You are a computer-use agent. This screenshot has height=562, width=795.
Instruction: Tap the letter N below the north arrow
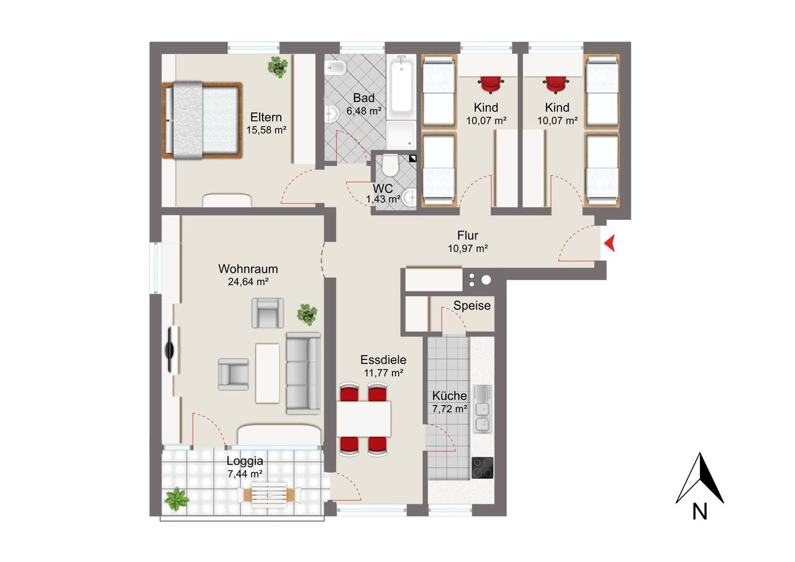(x=699, y=512)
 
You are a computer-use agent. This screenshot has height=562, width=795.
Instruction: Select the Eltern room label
(x=266, y=117)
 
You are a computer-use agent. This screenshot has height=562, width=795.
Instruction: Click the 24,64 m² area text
(x=248, y=282)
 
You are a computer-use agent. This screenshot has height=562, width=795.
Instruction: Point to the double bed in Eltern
(x=202, y=120)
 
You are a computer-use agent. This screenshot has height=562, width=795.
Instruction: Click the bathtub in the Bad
(x=401, y=87)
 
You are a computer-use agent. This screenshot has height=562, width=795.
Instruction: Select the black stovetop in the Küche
(x=483, y=468)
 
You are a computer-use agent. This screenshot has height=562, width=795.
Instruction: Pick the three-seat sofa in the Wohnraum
(x=304, y=374)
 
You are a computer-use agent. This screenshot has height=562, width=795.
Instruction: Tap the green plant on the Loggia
(x=176, y=499)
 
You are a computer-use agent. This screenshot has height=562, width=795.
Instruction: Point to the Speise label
(x=471, y=306)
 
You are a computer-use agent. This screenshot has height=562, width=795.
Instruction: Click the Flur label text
(x=468, y=235)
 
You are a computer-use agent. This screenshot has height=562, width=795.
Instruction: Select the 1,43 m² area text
(x=383, y=199)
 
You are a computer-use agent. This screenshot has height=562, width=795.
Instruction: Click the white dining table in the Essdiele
(x=363, y=419)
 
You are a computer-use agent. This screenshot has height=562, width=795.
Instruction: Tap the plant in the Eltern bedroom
(x=278, y=67)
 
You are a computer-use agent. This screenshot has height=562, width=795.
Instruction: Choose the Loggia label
(x=245, y=461)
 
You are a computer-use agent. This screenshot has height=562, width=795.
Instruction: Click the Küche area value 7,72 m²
(x=449, y=409)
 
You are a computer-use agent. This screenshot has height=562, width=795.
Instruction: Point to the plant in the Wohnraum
(x=307, y=314)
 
